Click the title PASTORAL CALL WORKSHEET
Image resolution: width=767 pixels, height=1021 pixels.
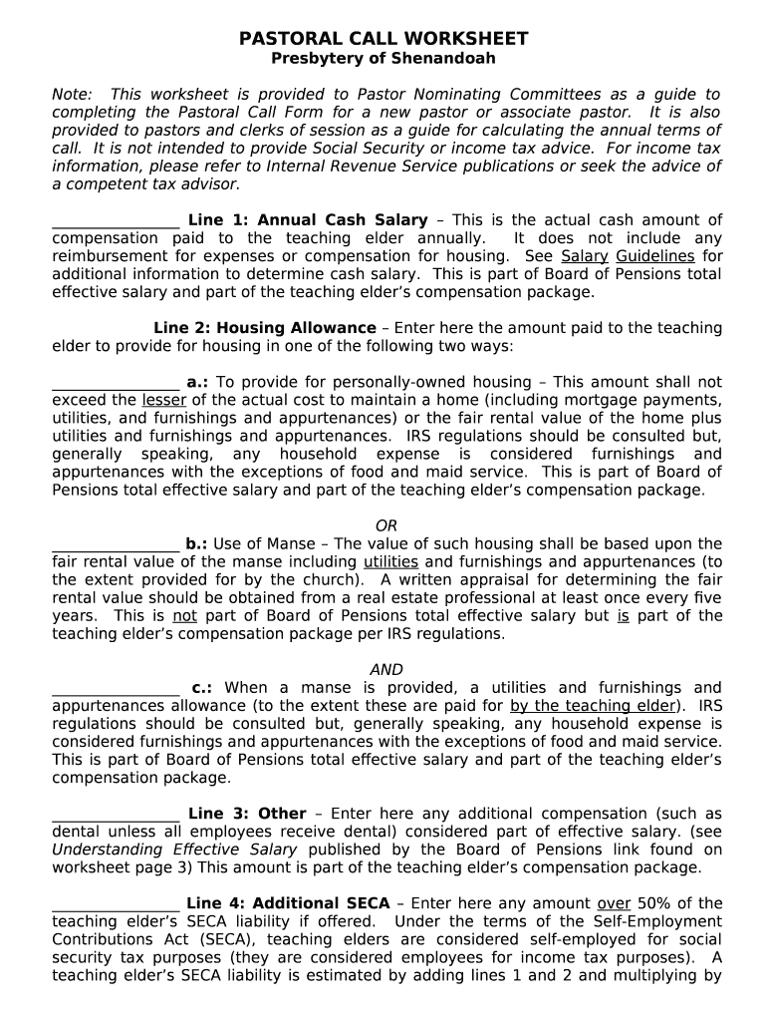[x=383, y=39]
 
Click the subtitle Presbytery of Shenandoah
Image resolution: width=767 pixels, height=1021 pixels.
[x=383, y=59]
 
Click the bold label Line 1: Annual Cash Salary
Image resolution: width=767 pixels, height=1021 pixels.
[x=308, y=220]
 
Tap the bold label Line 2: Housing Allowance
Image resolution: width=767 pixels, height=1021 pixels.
[x=265, y=328]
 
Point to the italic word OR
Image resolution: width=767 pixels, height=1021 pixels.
[x=385, y=525]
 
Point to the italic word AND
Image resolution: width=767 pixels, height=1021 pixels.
[x=385, y=670]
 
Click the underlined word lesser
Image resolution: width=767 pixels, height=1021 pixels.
[x=164, y=400]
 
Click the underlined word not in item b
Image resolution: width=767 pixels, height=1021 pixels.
[x=185, y=616]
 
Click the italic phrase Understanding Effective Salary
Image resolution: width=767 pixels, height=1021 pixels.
[x=174, y=850]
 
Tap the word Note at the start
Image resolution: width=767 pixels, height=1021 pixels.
[x=71, y=95]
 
